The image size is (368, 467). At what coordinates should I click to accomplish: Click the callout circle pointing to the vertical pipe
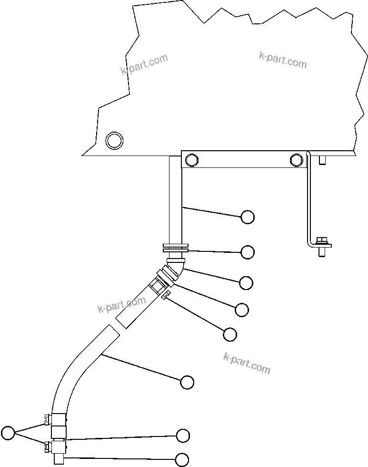248,217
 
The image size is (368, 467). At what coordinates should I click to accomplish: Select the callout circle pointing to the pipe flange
248,252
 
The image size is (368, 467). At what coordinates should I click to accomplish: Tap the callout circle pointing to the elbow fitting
246,283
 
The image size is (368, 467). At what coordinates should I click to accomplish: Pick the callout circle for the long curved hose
188,382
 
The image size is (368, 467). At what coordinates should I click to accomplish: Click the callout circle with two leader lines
8,433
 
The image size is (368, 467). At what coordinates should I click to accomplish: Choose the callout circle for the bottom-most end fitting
182,459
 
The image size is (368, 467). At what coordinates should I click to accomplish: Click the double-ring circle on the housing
114,141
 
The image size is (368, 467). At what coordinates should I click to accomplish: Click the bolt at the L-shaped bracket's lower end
322,245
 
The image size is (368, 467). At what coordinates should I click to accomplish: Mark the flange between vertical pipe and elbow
175,249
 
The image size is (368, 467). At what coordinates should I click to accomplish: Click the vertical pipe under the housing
175,200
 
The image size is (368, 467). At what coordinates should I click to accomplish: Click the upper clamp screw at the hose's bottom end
47,419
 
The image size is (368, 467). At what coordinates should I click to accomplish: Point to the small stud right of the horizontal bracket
322,160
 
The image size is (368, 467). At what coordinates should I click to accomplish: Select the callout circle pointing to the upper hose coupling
242,310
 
